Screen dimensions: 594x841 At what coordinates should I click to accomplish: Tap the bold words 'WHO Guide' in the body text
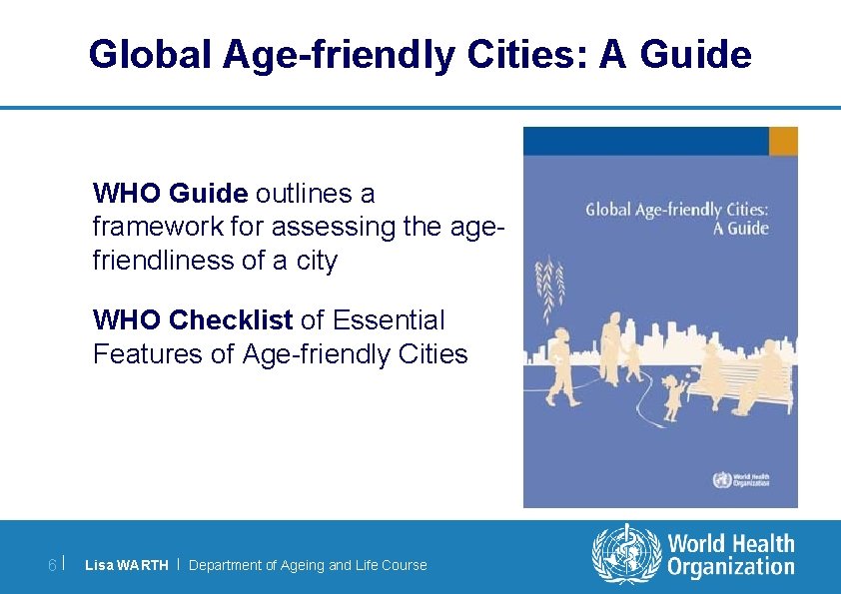(x=170, y=192)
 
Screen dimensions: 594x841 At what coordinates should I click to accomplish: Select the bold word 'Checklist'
(x=231, y=320)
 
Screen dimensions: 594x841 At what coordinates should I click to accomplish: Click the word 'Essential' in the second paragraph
(x=389, y=320)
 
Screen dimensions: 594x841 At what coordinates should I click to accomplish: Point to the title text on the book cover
(x=676, y=219)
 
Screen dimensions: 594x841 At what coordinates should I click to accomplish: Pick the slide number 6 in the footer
(x=52, y=565)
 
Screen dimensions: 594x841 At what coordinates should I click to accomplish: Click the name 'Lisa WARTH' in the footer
(x=127, y=565)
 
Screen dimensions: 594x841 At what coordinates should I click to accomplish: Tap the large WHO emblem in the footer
(x=626, y=556)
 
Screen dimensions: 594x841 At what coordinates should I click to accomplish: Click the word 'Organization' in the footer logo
(x=730, y=568)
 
